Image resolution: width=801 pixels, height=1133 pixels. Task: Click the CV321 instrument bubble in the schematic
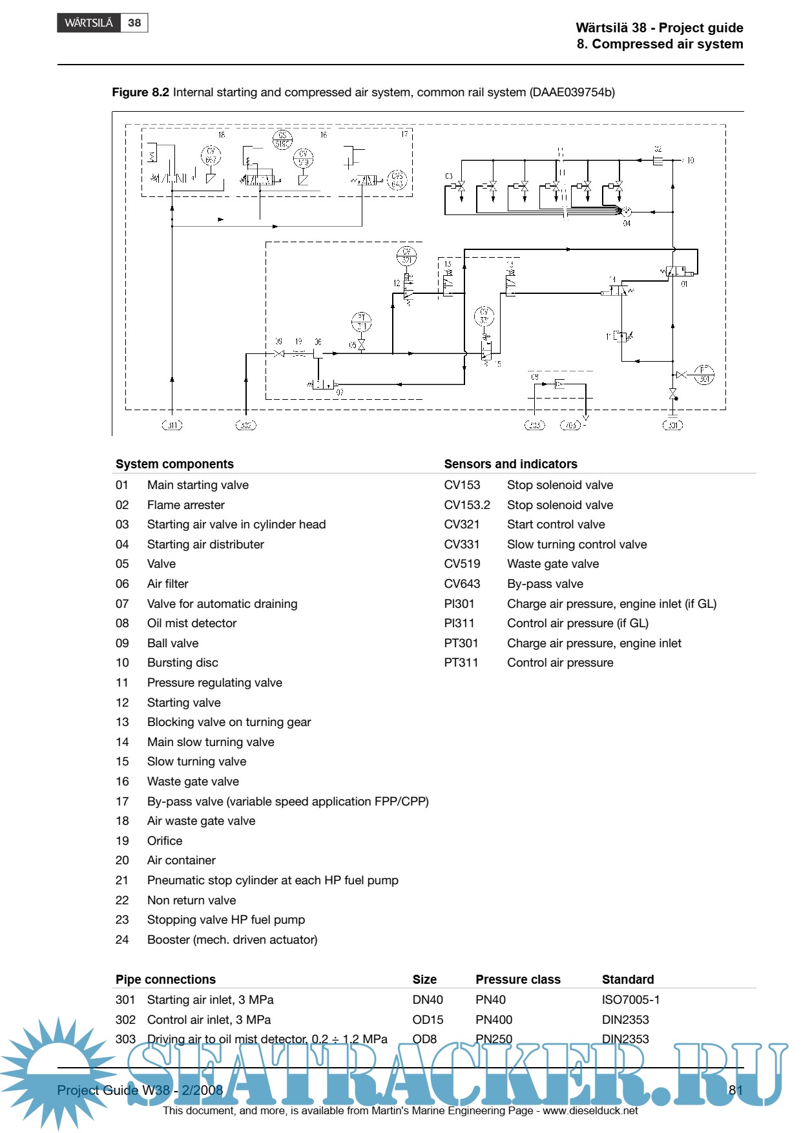coord(406,256)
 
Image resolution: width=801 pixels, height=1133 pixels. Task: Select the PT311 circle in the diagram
coord(362,322)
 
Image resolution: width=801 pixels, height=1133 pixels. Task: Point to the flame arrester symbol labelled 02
coord(658,160)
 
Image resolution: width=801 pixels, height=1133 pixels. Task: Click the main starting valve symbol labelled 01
coord(676,272)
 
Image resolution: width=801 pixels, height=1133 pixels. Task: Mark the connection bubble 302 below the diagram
coord(246,425)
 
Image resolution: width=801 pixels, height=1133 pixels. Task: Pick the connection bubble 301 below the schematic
coord(672,425)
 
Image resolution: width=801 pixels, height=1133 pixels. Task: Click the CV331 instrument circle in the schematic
coord(484,317)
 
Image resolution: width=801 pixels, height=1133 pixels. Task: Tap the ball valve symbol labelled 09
coord(279,353)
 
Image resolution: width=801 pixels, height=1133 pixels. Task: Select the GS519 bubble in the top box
coord(282,140)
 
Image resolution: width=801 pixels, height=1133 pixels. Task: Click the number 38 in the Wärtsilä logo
coord(134,23)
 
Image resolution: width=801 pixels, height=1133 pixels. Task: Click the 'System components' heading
coord(174,464)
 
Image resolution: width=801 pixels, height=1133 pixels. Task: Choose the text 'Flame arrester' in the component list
coord(186,504)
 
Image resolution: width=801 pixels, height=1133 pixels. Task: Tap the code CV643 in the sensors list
coord(462,584)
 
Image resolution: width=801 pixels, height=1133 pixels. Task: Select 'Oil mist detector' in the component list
coord(192,623)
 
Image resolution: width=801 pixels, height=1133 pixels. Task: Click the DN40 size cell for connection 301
coord(428,1000)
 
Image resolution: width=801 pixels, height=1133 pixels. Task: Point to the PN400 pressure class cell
coord(494,1020)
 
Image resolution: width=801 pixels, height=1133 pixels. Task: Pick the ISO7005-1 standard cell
coord(630,1000)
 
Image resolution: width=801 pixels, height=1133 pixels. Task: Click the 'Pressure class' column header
coord(518,979)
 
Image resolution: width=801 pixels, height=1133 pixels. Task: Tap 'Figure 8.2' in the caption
coord(140,92)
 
